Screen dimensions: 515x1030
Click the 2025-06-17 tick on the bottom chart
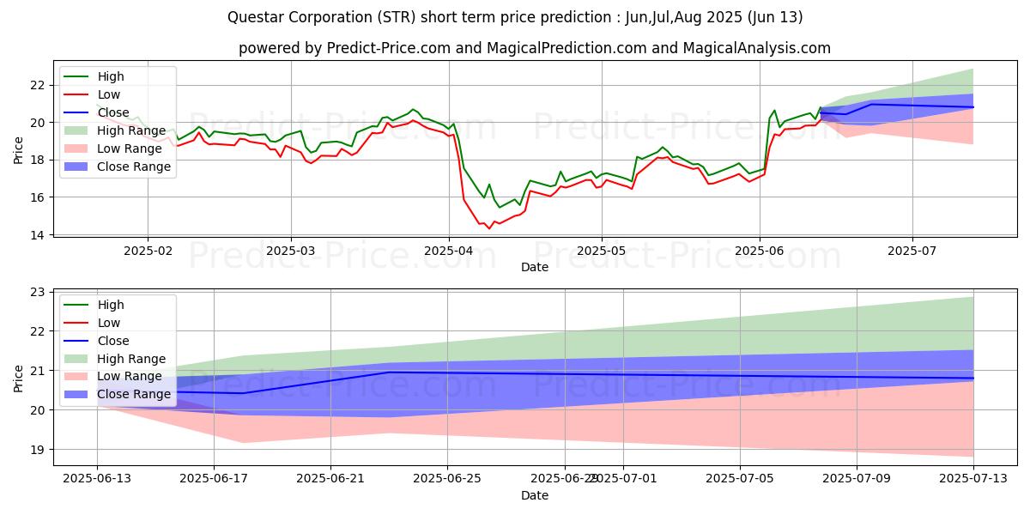(x=214, y=478)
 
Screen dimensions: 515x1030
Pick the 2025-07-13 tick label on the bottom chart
(x=973, y=478)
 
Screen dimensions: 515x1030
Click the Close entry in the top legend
(x=109, y=112)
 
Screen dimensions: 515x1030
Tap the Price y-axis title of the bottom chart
(x=19, y=378)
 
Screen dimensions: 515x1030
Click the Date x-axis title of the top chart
(x=535, y=267)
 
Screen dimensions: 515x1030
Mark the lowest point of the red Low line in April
(x=489, y=228)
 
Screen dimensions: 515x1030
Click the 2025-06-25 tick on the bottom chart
(x=448, y=478)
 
